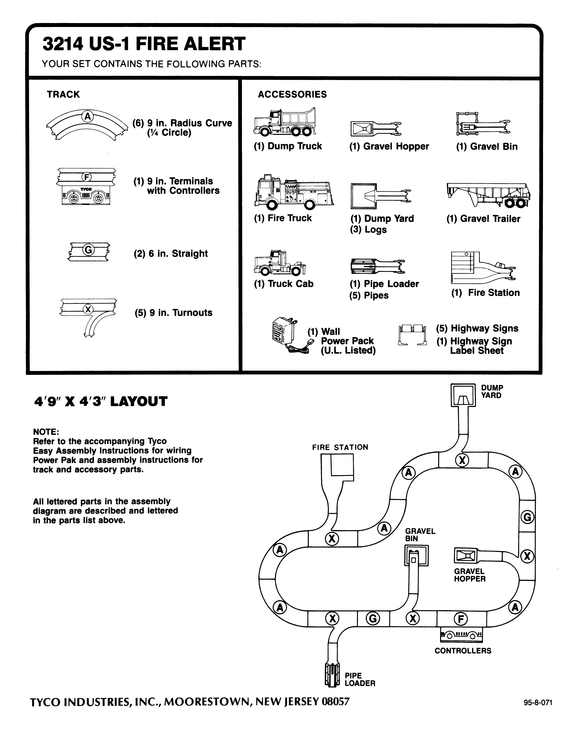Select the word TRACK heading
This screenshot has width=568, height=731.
tap(63, 94)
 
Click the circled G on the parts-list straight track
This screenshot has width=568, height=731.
tap(88, 250)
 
